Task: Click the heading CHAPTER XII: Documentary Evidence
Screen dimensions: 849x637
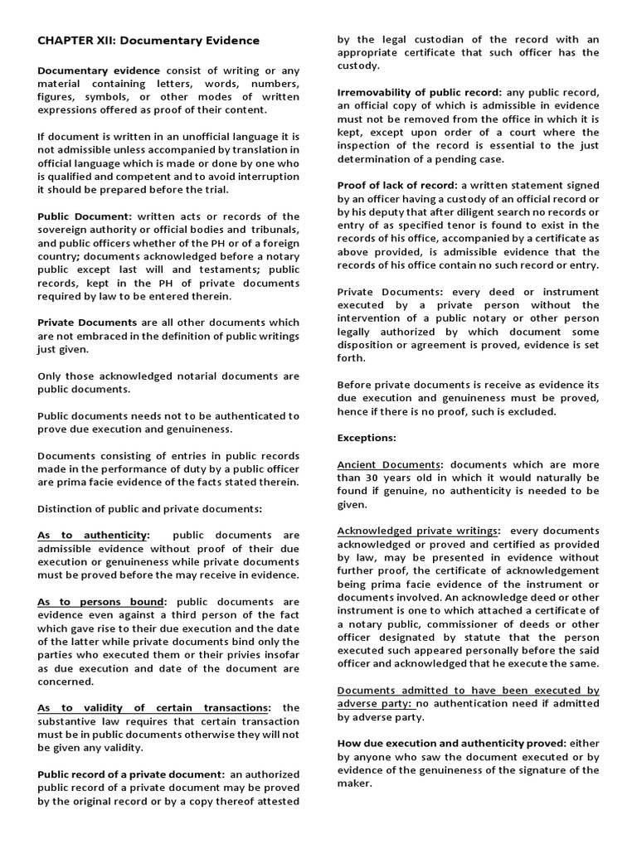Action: click(148, 40)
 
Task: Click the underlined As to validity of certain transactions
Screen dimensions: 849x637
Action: click(153, 707)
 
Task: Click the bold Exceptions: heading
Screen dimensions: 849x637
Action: click(367, 437)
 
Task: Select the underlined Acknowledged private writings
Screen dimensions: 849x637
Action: click(417, 530)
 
